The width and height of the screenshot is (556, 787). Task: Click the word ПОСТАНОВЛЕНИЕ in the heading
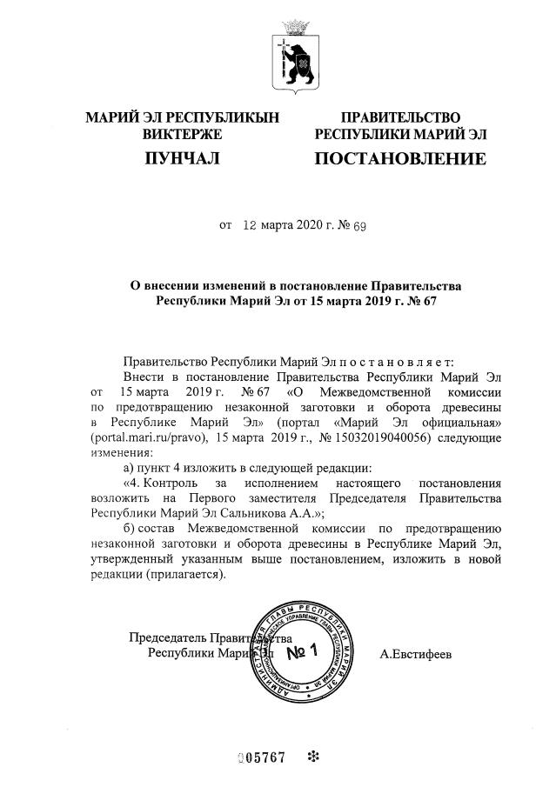[x=399, y=159]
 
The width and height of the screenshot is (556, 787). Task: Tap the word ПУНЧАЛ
[x=180, y=159]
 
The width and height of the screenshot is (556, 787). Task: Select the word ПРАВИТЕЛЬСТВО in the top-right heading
[x=400, y=117]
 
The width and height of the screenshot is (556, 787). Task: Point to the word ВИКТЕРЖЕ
[x=182, y=134]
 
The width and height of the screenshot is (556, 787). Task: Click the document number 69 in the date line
[x=358, y=226]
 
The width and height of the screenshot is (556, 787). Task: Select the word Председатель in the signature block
[x=165, y=637]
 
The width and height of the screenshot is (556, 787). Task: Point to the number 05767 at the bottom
[x=263, y=756]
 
